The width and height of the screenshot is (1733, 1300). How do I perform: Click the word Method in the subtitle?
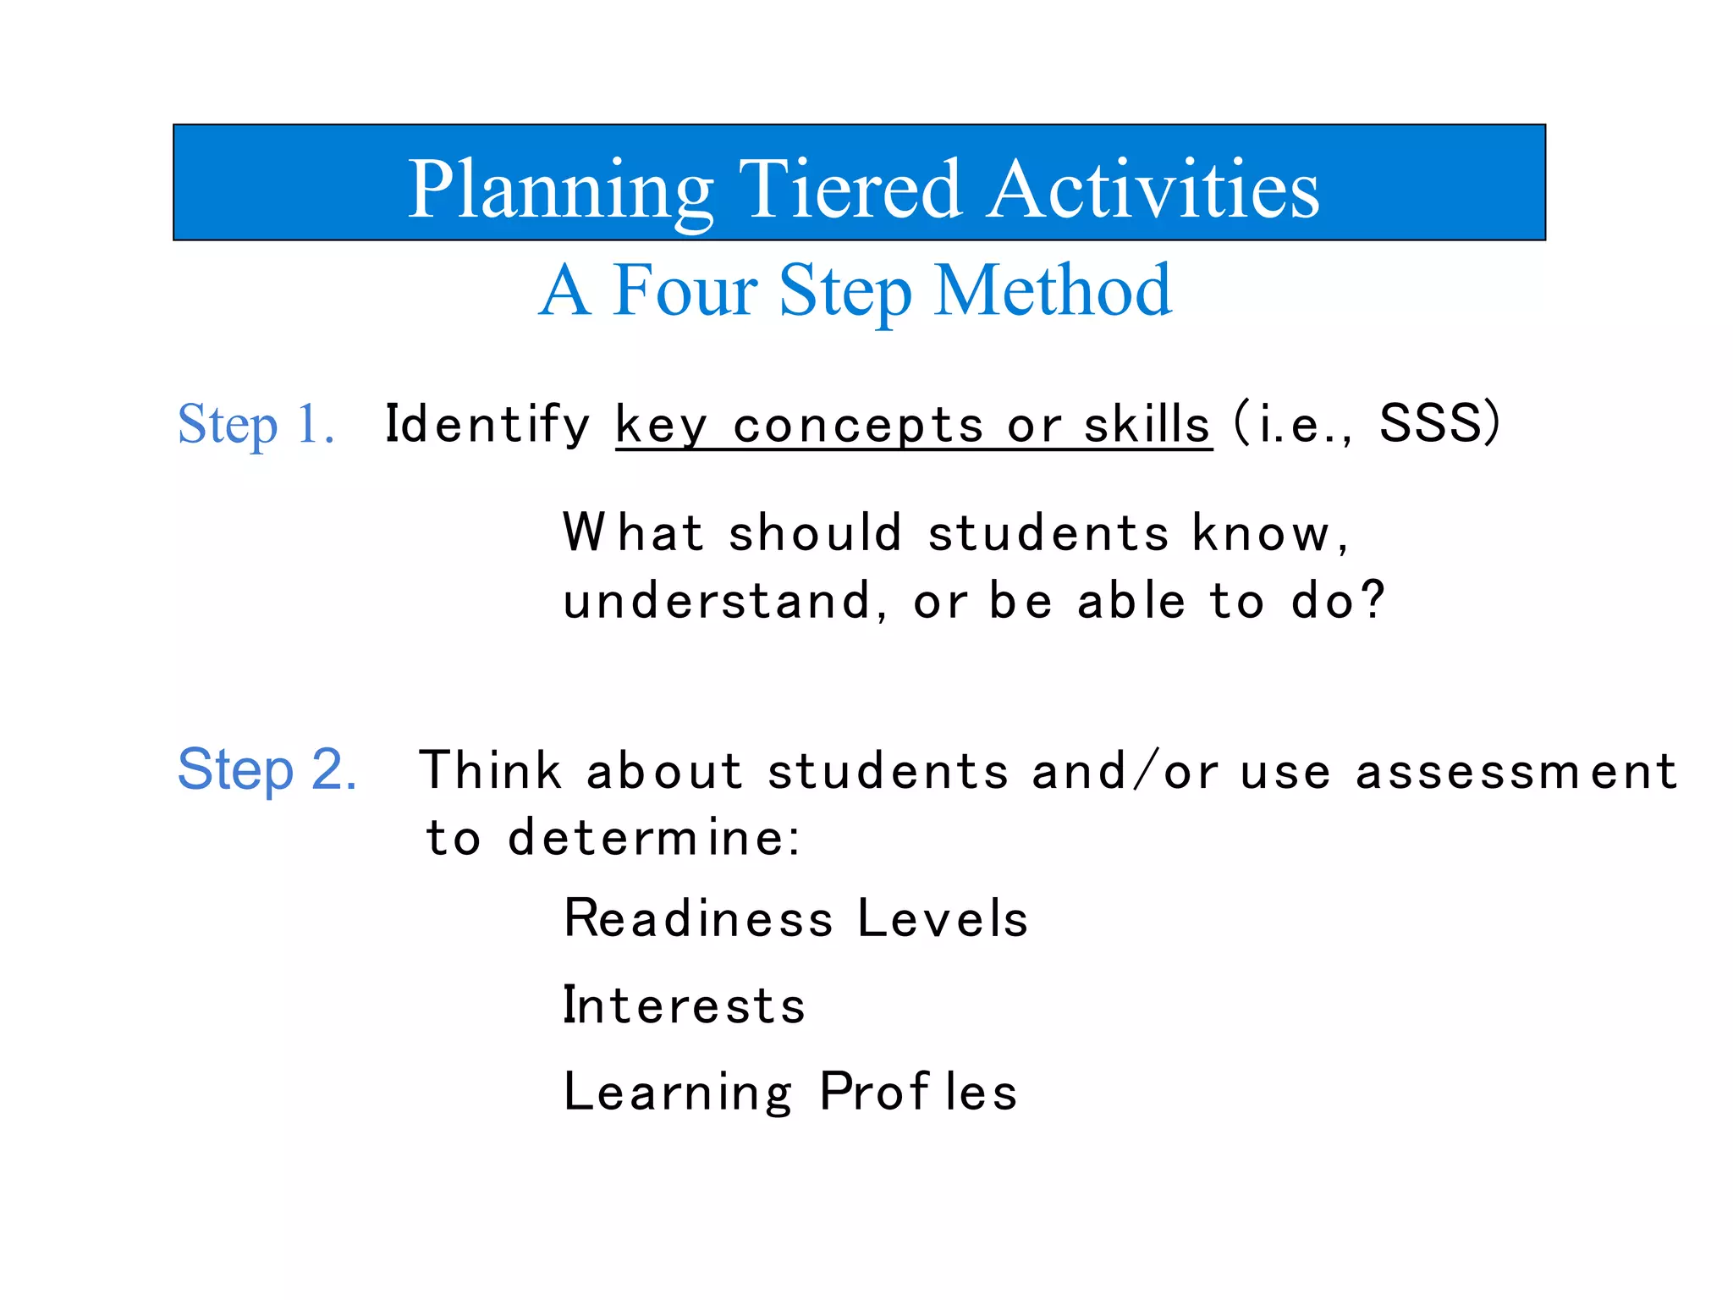(x=1053, y=291)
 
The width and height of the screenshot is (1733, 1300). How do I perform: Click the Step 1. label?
(x=256, y=424)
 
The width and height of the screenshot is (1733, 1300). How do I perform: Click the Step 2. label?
(x=267, y=769)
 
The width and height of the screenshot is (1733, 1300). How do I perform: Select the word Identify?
(x=487, y=424)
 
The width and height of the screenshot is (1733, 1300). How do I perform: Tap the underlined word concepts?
(x=858, y=426)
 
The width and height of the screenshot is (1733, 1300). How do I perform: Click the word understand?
(x=716, y=601)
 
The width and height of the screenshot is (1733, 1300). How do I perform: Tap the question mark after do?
(x=1373, y=599)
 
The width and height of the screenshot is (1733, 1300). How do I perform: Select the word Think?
(x=490, y=770)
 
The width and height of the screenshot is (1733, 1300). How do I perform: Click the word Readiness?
(x=698, y=918)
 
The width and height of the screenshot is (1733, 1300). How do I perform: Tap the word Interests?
(x=684, y=1005)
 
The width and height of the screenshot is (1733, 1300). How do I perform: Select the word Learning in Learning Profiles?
(x=678, y=1093)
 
